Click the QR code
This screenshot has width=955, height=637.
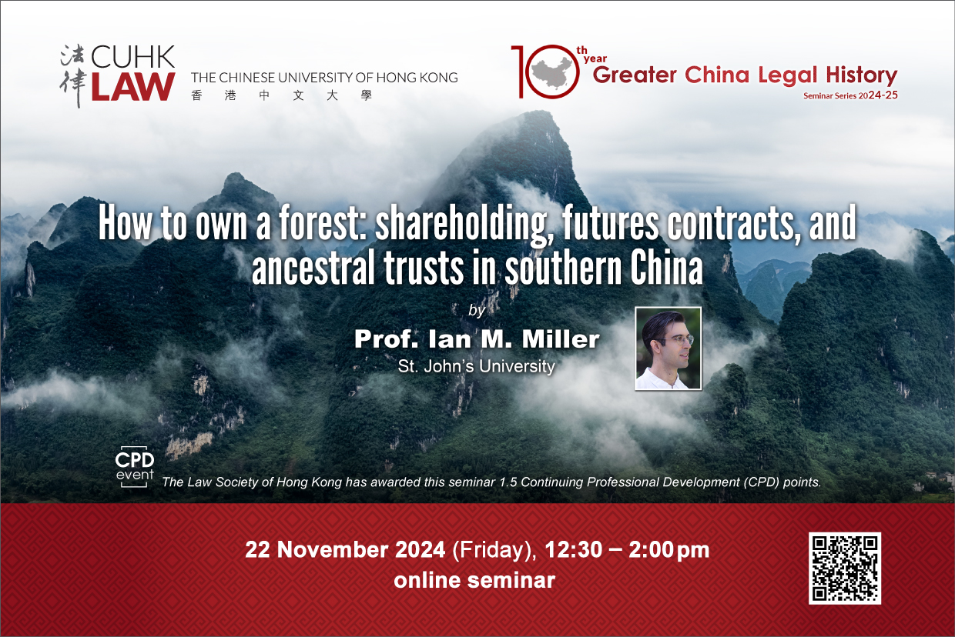coord(845,568)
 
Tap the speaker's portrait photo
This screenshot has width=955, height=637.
coord(668,349)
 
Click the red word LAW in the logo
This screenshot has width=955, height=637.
coord(133,86)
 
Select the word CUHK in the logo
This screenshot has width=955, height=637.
coord(132,57)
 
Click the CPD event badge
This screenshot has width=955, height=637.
coord(135,467)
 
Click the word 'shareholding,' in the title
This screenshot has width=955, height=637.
coord(464,225)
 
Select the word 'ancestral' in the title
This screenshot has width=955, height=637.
coord(313,268)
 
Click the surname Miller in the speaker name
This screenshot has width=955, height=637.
coord(561,339)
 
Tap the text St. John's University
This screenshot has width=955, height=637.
coord(476,366)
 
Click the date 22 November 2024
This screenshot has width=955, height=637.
coord(345,549)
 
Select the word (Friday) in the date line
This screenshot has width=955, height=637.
coord(494,550)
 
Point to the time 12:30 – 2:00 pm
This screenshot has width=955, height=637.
coord(627,550)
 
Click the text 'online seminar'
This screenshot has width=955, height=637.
coord(474,580)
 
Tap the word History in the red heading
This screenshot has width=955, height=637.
coord(862,76)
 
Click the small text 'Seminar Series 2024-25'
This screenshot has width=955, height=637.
coord(850,95)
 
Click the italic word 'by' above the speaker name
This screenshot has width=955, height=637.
coord(477,310)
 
